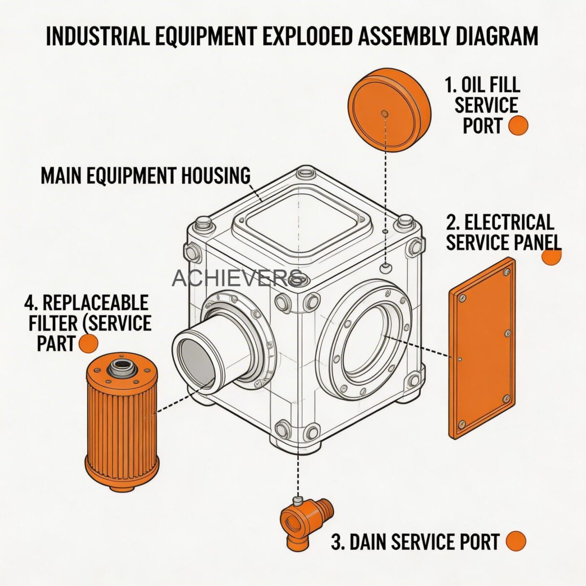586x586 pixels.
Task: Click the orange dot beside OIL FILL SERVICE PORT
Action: click(518, 126)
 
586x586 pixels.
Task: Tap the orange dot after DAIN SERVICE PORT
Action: click(516, 541)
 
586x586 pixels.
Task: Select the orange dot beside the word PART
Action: click(88, 343)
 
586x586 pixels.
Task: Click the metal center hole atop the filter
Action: click(121, 366)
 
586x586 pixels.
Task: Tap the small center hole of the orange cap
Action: click(384, 113)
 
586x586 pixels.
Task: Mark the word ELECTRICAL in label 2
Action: click(508, 223)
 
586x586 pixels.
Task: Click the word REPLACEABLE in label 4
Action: click(95, 303)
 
